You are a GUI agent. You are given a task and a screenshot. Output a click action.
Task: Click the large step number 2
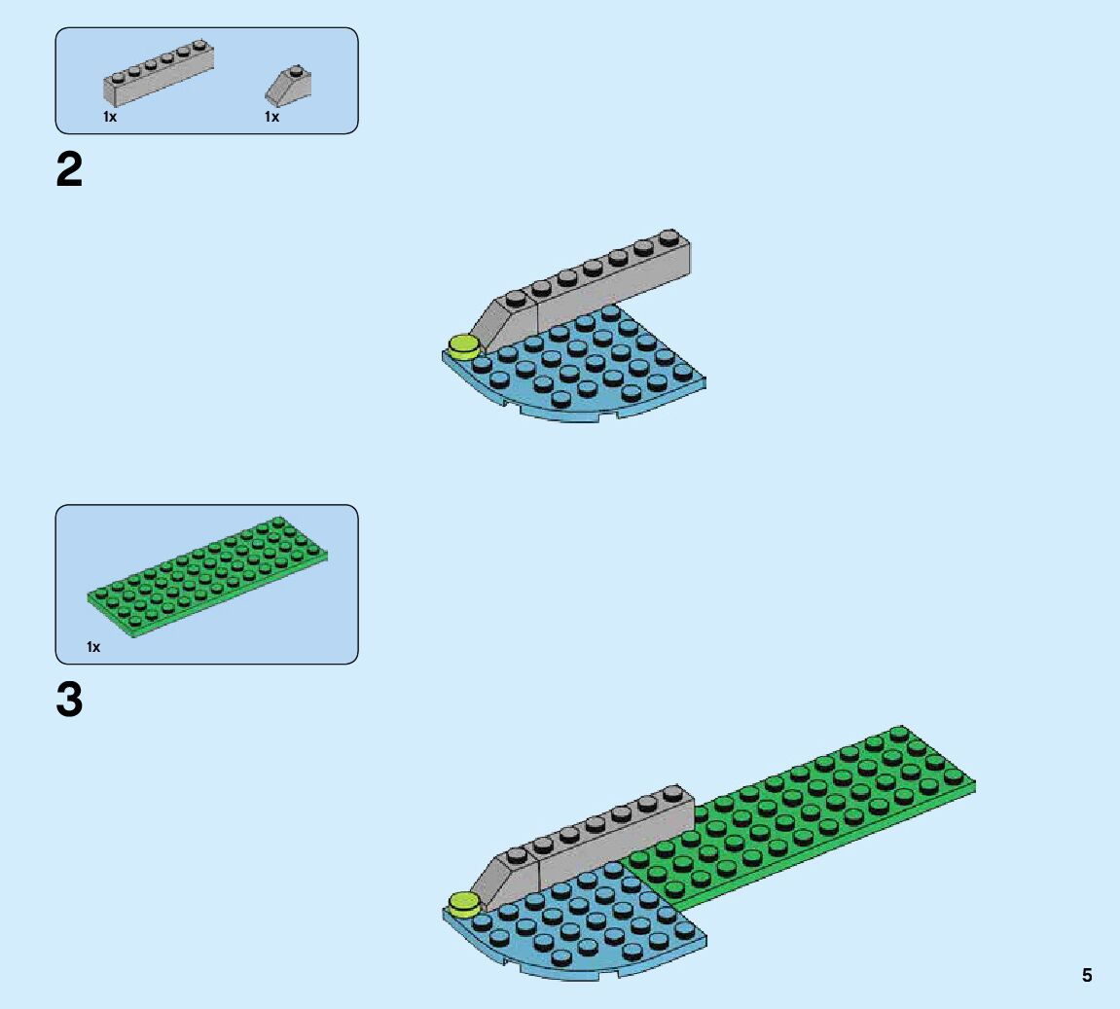(69, 171)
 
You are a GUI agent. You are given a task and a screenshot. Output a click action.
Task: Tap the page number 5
(1087, 975)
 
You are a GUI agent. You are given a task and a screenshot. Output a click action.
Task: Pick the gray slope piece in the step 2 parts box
(288, 86)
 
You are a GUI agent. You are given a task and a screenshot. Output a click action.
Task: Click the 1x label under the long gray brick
(110, 117)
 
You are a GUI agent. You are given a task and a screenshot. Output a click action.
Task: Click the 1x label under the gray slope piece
(271, 117)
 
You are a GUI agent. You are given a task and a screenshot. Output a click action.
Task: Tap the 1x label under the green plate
(93, 647)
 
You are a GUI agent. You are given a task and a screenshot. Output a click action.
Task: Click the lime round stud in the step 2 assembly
(464, 345)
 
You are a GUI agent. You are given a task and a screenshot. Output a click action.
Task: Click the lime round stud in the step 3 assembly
(464, 902)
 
